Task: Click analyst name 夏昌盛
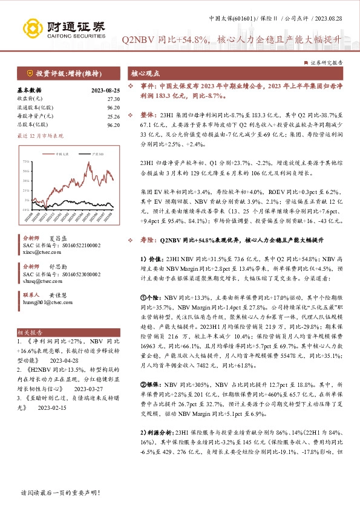(57, 238)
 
